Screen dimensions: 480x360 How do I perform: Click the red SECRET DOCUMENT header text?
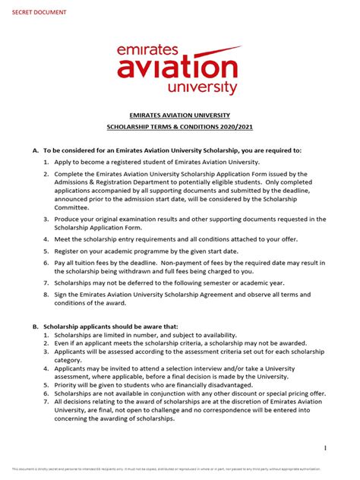point(38,13)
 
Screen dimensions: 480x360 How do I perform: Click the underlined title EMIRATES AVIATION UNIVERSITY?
point(180,115)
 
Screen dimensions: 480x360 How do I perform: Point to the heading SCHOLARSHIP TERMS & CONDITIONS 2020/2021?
point(180,131)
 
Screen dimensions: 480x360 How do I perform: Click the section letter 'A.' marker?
point(35,150)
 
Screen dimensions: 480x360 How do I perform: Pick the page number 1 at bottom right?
point(325,448)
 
